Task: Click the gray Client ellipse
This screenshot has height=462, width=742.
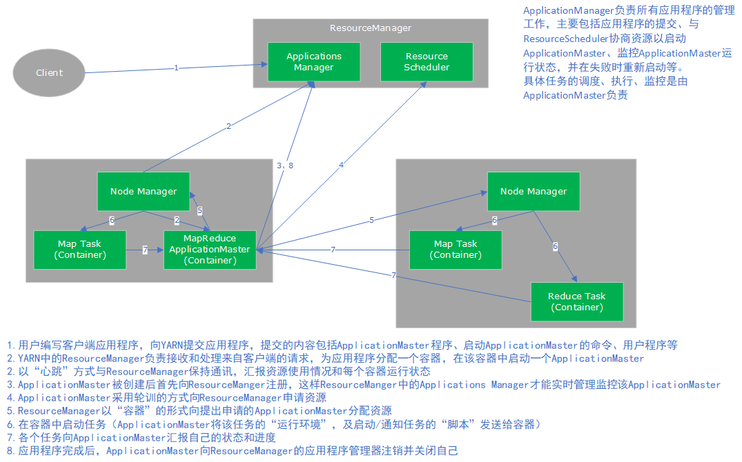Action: point(49,72)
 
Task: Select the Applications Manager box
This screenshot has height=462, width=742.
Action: point(313,61)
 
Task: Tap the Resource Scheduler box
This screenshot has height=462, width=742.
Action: point(427,61)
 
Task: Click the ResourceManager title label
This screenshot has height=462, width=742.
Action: point(370,28)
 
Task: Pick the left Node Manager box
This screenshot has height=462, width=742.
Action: point(144,191)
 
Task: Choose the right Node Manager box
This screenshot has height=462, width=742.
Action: point(533,191)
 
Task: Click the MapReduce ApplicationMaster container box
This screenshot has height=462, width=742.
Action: point(210,250)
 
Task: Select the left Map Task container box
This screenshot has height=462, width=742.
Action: point(80,250)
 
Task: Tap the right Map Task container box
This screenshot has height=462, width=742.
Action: point(455,250)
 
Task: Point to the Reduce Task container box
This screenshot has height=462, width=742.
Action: point(576,301)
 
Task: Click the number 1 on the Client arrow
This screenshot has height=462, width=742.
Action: point(176,68)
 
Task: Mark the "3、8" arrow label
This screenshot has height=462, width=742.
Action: point(285,165)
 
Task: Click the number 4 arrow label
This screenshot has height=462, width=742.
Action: point(341,165)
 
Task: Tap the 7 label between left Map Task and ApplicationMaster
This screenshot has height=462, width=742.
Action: point(145,250)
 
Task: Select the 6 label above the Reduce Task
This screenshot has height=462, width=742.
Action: point(554,246)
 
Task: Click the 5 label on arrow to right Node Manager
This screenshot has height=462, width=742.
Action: point(371,220)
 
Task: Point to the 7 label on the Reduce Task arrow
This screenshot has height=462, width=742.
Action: point(393,276)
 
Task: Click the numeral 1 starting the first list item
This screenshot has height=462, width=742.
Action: point(10,345)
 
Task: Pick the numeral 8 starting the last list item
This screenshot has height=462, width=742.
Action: point(10,451)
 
